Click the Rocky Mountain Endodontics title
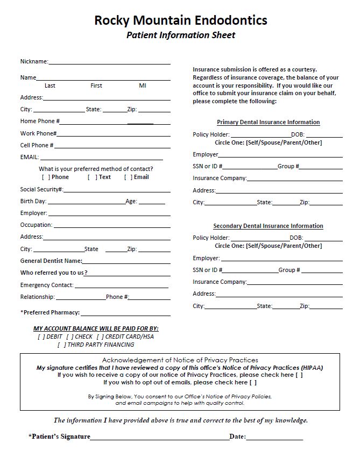[180, 20]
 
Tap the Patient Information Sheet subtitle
[180, 35]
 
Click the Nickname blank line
[109, 62]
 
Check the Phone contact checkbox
[46, 177]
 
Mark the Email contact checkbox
[128, 177]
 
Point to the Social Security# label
[42, 189]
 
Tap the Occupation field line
[111, 226]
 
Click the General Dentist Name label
[51, 261]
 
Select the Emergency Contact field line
[122, 286]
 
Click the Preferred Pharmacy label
[50, 312]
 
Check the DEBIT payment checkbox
[41, 337]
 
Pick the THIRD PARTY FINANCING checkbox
[61, 345]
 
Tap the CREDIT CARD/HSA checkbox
[100, 337]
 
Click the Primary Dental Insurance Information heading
[268, 123]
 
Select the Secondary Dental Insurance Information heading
[268, 226]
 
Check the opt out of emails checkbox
[253, 383]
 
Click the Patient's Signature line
[160, 438]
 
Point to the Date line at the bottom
[274, 438]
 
